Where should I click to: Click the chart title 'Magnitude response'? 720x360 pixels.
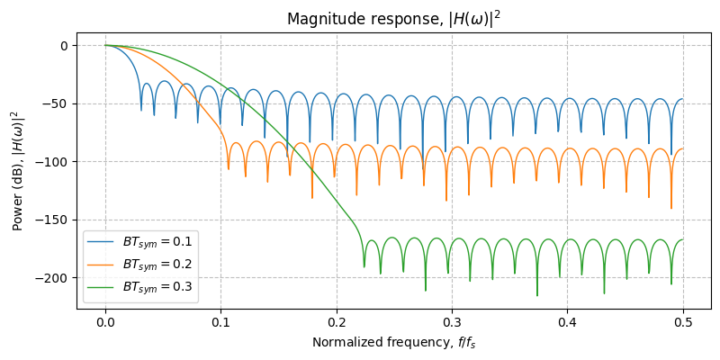[x=393, y=19]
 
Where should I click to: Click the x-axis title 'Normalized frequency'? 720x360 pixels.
[x=393, y=342]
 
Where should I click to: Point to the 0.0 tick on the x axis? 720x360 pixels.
[x=105, y=322]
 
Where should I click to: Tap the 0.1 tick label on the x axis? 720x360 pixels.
[x=220, y=322]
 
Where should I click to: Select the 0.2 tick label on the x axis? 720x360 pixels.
[x=337, y=322]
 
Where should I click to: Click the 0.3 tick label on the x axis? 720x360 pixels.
[x=452, y=322]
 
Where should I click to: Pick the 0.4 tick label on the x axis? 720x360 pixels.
[x=568, y=322]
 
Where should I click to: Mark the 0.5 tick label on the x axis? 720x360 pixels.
[x=683, y=322]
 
